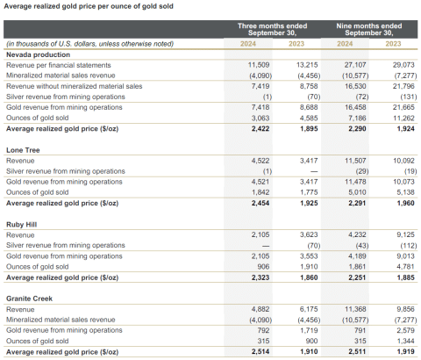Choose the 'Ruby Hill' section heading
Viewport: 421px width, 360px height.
pyautogui.click(x=21, y=224)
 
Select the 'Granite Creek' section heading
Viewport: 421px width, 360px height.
pyautogui.click(x=28, y=299)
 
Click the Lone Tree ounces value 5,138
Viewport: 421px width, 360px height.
pyautogui.click(x=400, y=191)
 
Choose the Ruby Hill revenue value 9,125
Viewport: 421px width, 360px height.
pyautogui.click(x=400, y=234)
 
